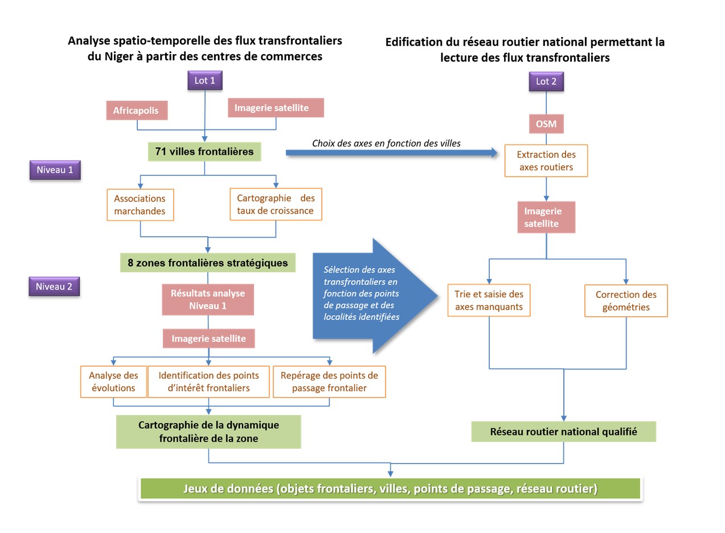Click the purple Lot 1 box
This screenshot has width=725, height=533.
pyautogui.click(x=205, y=80)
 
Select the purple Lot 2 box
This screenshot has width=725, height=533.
pyautogui.click(x=546, y=81)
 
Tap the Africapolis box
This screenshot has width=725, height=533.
pyautogui.click(x=136, y=110)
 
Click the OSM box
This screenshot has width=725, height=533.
pyautogui.click(x=546, y=124)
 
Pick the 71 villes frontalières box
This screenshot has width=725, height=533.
pyautogui.click(x=204, y=151)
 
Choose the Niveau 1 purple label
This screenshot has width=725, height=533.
pyautogui.click(x=55, y=170)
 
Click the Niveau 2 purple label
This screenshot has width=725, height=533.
pyautogui.click(x=54, y=286)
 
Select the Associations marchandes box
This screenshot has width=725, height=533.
pyautogui.click(x=140, y=205)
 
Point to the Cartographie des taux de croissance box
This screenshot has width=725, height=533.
pyautogui.click(x=276, y=204)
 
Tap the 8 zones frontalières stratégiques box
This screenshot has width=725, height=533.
pyautogui.click(x=208, y=263)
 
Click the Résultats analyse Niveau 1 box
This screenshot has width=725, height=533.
pyautogui.click(x=208, y=300)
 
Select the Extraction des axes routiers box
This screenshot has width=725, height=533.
pyautogui.click(x=546, y=161)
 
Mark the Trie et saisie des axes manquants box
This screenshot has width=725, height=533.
pyautogui.click(x=489, y=301)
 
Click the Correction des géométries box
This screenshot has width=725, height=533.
pyautogui.click(x=626, y=301)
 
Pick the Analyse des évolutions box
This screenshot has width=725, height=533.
pyautogui.click(x=114, y=382)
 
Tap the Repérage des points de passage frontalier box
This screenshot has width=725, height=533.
pyautogui.click(x=329, y=382)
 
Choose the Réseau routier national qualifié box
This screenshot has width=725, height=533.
pyautogui.click(x=563, y=432)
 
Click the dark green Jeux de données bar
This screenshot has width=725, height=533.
pyautogui.click(x=390, y=489)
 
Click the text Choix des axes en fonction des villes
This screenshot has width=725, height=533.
pyautogui.click(x=386, y=143)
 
